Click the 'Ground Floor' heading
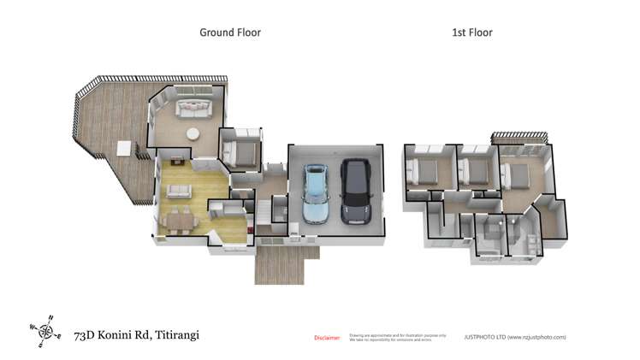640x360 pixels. click(x=230, y=32)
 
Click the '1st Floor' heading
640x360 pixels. click(x=471, y=32)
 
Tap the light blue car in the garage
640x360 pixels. click(x=316, y=193)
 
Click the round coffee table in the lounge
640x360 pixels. click(x=193, y=133)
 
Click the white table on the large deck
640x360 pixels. click(x=125, y=148)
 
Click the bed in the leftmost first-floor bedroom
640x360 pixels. click(x=424, y=172)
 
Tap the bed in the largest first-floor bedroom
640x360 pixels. click(x=519, y=177)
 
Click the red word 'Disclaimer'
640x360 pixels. click(x=327, y=338)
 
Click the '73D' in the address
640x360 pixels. click(x=85, y=335)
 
